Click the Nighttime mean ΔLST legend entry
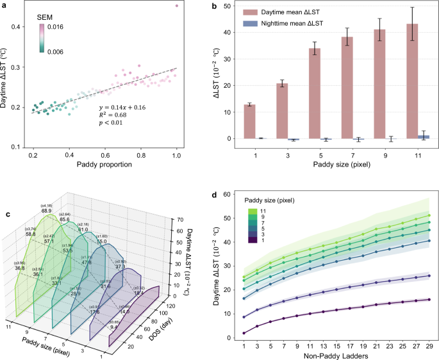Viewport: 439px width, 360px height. [x=292, y=24]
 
